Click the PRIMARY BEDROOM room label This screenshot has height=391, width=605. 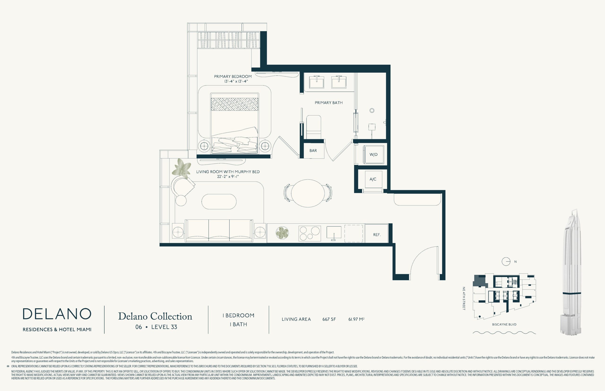click(233, 76)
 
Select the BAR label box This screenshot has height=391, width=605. click(313, 151)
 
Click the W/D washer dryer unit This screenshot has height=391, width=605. click(374, 154)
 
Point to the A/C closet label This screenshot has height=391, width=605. click(373, 179)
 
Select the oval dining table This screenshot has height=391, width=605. click(308, 193)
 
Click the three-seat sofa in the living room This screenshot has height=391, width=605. click(219, 230)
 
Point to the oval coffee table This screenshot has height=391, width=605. click(219, 202)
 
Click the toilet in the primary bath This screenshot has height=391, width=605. click(314, 127)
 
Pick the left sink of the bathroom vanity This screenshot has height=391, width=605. click(317, 82)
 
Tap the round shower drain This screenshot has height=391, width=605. click(372, 110)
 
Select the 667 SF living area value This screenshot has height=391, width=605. click(329, 319)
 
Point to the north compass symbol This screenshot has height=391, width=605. click(506, 262)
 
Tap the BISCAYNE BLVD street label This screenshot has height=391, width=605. click(504, 324)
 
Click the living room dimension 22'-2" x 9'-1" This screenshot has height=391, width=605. click(228, 177)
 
